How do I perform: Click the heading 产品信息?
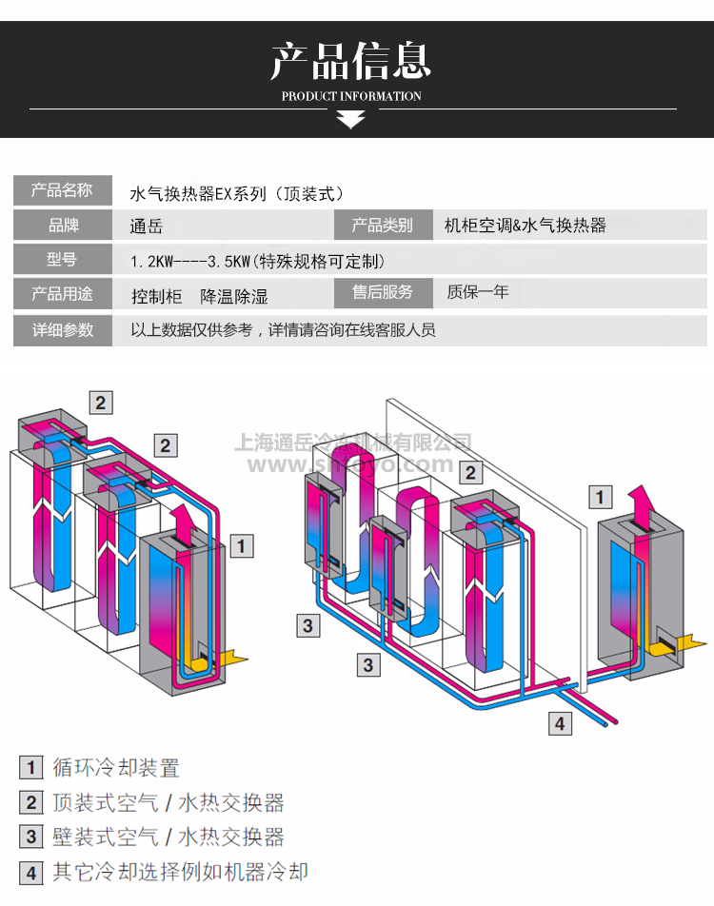(351, 61)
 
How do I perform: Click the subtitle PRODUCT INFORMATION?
(351, 96)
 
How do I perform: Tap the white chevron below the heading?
(351, 119)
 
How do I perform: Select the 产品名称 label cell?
(62, 190)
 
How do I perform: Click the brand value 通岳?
(146, 226)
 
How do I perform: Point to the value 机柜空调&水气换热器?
(525, 226)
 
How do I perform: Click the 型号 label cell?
(62, 259)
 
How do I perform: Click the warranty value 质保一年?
(478, 292)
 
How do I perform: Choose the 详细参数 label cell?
(62, 330)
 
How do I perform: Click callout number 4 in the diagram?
(560, 723)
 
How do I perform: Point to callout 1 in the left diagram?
(243, 545)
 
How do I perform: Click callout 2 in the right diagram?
(468, 472)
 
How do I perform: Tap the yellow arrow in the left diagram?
(231, 658)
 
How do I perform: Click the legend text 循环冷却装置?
(116, 768)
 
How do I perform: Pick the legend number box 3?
(31, 837)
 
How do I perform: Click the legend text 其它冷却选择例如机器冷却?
(180, 872)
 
